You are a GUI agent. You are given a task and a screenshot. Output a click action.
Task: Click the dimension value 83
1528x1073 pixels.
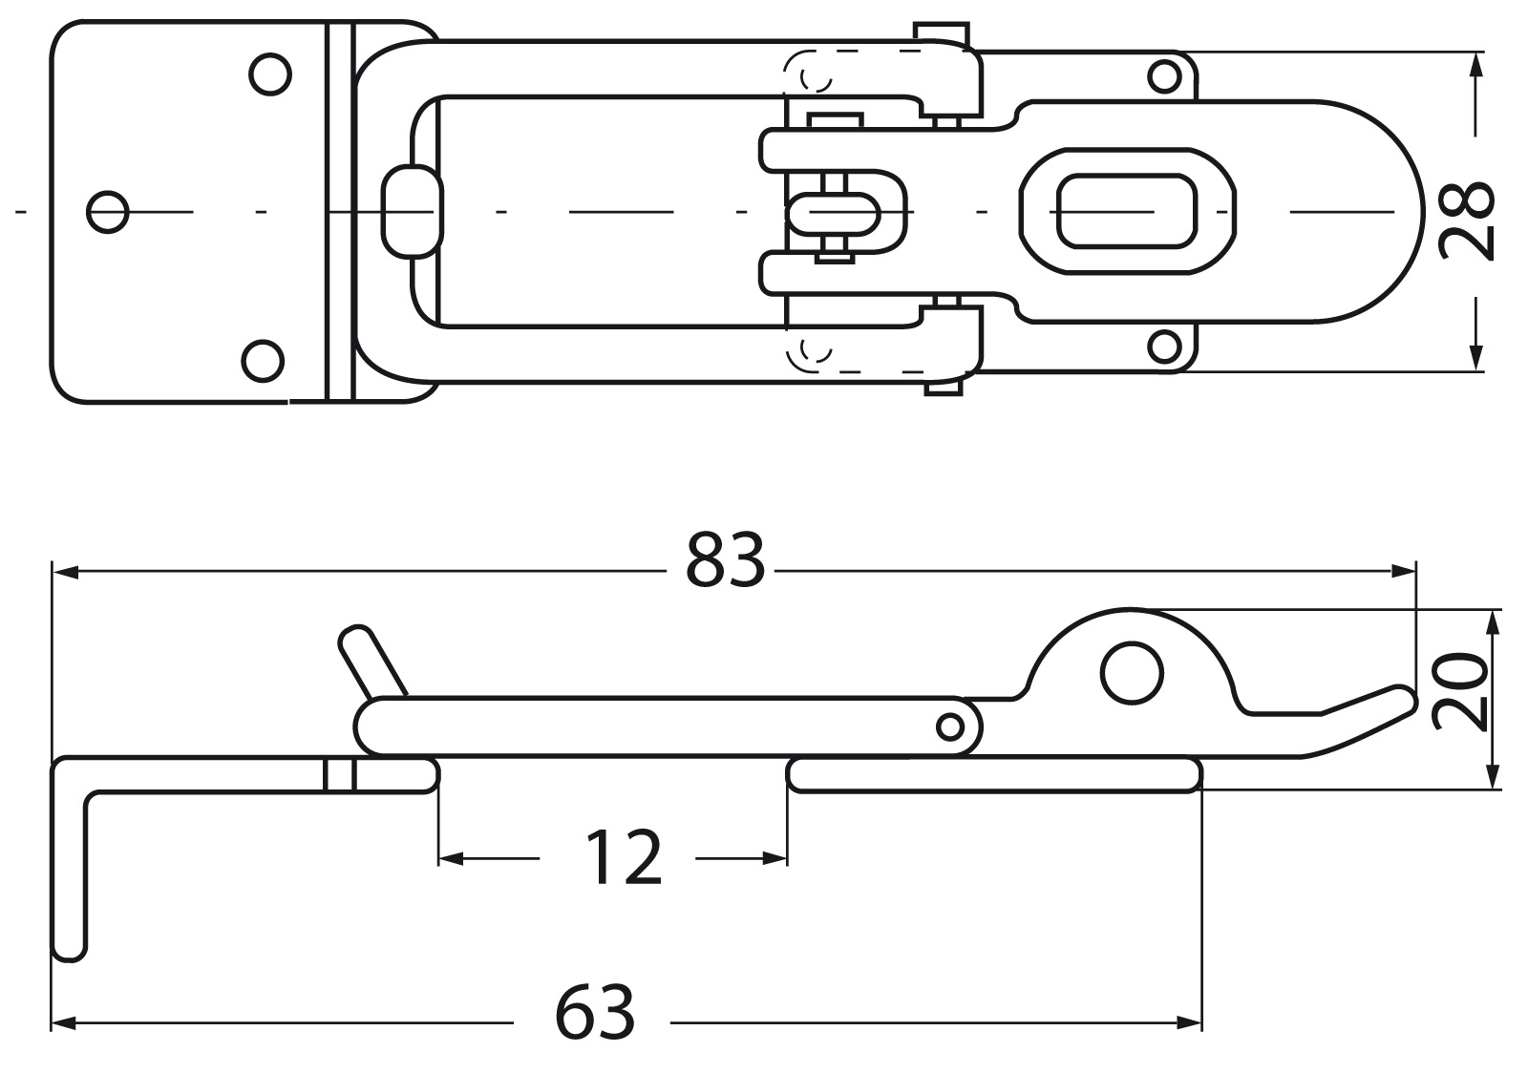click(x=725, y=559)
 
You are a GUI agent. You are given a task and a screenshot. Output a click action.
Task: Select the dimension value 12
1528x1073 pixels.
click(x=623, y=857)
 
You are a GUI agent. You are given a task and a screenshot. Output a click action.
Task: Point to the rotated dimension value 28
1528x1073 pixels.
click(x=1466, y=221)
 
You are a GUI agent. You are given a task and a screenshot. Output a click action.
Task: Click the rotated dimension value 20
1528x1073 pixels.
click(x=1458, y=692)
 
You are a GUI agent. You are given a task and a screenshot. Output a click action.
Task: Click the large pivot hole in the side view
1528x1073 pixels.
click(x=1132, y=673)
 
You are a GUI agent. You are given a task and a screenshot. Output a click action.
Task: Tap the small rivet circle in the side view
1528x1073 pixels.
click(x=949, y=726)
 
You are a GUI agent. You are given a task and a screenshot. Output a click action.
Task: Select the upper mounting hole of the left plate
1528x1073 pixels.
click(x=270, y=74)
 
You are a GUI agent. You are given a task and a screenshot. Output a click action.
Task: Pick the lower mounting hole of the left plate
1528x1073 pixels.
click(x=264, y=361)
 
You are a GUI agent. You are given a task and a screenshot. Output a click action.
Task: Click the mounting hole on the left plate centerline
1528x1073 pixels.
click(x=108, y=212)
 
